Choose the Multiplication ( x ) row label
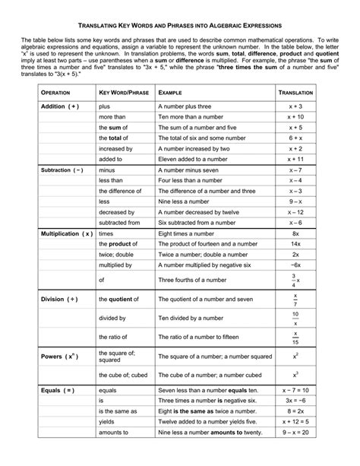(x=66, y=234)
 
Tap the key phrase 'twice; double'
(x=117, y=255)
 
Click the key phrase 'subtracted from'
(x=120, y=223)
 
